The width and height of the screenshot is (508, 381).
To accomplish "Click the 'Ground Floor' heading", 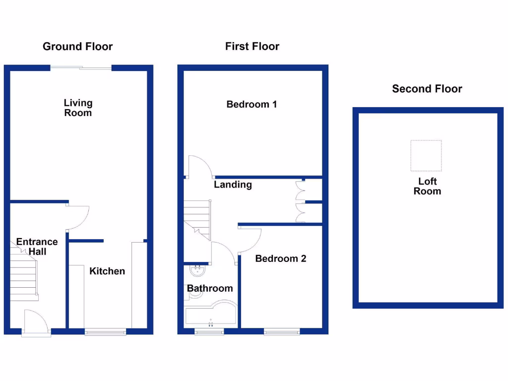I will [x=77, y=47].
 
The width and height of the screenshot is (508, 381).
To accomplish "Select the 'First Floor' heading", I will [x=252, y=47].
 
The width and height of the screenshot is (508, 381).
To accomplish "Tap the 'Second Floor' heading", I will [x=427, y=89].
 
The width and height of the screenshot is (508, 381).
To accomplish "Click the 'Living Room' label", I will [x=78, y=108].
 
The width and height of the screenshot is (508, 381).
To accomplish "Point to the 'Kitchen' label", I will [x=107, y=271].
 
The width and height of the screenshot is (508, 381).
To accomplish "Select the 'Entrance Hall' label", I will [x=37, y=247].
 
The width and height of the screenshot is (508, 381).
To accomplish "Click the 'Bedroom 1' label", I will [x=252, y=104].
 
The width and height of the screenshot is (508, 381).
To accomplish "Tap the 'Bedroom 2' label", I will [x=280, y=258].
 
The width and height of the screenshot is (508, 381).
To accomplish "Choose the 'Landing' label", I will [x=233, y=185].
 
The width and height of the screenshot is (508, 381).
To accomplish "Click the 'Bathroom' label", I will [x=209, y=288].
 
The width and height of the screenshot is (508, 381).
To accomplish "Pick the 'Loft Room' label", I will [x=427, y=186].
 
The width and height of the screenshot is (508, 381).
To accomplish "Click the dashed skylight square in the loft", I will [x=426, y=155].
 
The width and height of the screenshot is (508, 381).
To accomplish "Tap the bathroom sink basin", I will [x=198, y=271].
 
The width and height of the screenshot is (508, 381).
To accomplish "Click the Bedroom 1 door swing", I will [x=200, y=167].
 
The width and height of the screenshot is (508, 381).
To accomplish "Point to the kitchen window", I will [x=105, y=332].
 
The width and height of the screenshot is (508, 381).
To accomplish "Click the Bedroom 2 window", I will [x=281, y=332].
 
